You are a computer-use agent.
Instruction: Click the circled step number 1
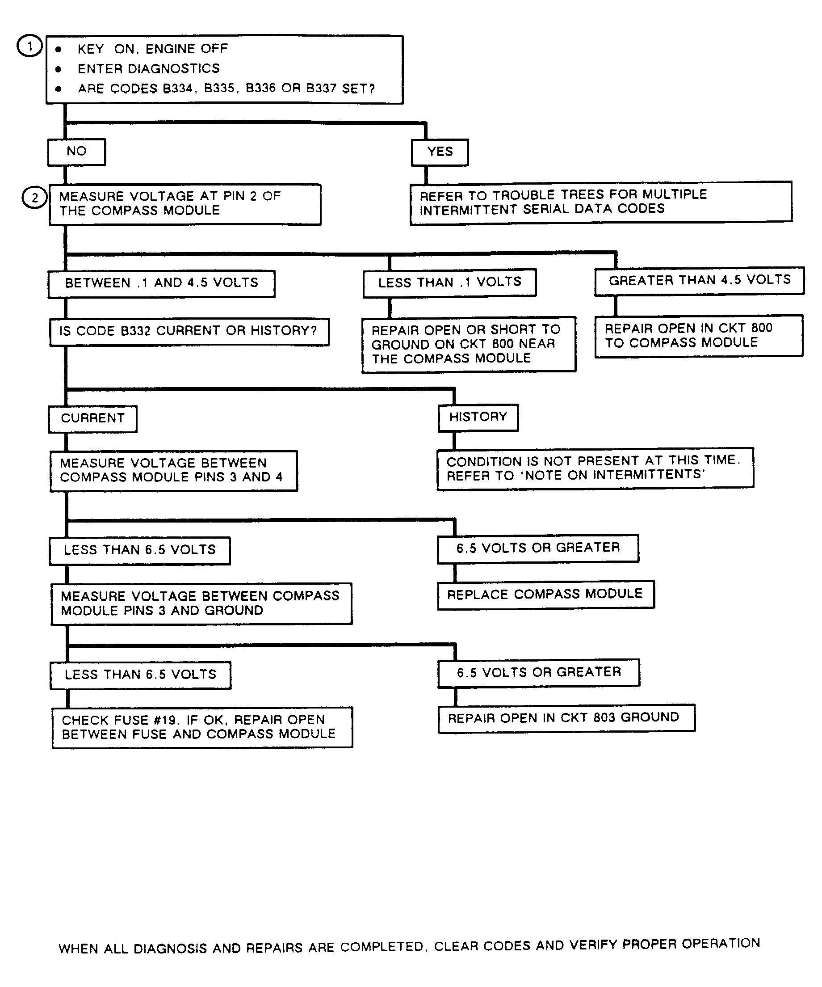point(29,46)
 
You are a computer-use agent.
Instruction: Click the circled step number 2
point(34,198)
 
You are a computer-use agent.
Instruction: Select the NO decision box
point(76,152)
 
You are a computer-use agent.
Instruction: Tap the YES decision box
point(440,152)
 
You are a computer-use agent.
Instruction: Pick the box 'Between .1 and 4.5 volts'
point(162,283)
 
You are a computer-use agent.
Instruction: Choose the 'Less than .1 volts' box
point(449,282)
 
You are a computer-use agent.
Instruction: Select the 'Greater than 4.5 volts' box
point(700,281)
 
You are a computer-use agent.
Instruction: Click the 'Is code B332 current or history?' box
point(189,331)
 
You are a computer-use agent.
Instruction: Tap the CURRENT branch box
point(92,418)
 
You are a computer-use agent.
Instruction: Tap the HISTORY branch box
point(478,417)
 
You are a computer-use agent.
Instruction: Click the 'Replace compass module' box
point(545,595)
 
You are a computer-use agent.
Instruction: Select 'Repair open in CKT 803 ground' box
point(566,718)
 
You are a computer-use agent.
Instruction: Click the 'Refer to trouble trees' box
point(600,202)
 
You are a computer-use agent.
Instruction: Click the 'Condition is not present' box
point(595,468)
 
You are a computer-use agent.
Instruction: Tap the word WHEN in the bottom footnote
point(79,949)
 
